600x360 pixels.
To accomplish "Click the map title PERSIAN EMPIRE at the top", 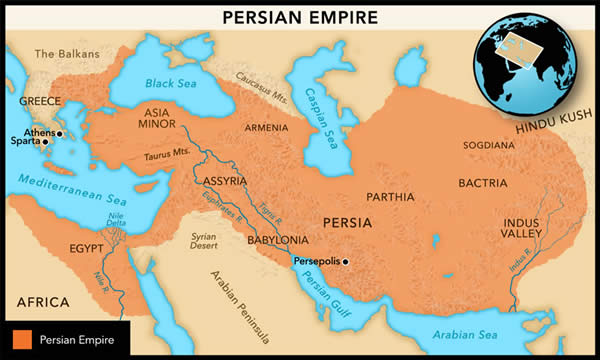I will click(299, 17).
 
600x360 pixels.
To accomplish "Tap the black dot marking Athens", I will click(59, 133).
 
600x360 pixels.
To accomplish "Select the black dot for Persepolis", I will click(346, 262).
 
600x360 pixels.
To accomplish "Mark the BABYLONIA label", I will click(276, 240).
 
